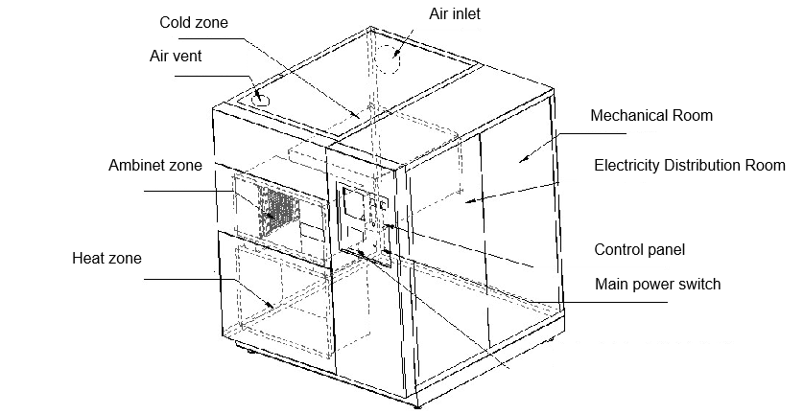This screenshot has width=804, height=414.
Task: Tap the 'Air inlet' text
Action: tap(455, 12)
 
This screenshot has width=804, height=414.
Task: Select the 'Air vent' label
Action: tap(175, 56)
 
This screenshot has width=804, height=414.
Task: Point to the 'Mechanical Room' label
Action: tap(651, 116)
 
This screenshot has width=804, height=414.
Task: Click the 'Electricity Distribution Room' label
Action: tap(689, 166)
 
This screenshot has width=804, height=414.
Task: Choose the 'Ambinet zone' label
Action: tap(155, 166)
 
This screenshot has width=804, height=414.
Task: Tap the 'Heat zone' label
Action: tap(106, 259)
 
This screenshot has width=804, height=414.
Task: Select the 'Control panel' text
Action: tap(640, 250)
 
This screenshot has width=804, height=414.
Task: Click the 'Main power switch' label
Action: tap(657, 285)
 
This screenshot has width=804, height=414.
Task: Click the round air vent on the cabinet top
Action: tap(261, 96)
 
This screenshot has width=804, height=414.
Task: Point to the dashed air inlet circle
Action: tap(392, 57)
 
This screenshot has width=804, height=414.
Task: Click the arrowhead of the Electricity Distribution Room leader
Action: tap(467, 201)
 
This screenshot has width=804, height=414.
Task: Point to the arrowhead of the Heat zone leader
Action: tap(277, 306)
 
